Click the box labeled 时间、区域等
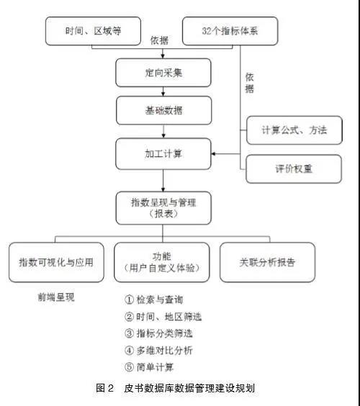click(93, 31)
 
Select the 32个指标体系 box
click(230, 31)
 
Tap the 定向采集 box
click(163, 73)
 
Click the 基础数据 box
click(163, 111)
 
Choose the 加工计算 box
click(163, 154)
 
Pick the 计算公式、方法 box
click(294, 130)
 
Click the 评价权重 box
click(294, 169)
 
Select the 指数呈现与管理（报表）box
click(163, 208)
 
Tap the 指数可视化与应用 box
click(56, 262)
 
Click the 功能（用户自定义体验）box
click(161, 262)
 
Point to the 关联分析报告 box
click(267, 262)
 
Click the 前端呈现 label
click(56, 297)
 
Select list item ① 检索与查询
click(154, 299)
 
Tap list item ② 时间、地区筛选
click(163, 317)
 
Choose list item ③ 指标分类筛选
click(158, 333)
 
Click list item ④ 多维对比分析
click(158, 351)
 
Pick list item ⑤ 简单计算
click(149, 367)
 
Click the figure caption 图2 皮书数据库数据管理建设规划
click(176, 388)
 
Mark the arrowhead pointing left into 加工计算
click(213, 154)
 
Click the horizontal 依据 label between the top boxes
click(160, 40)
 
